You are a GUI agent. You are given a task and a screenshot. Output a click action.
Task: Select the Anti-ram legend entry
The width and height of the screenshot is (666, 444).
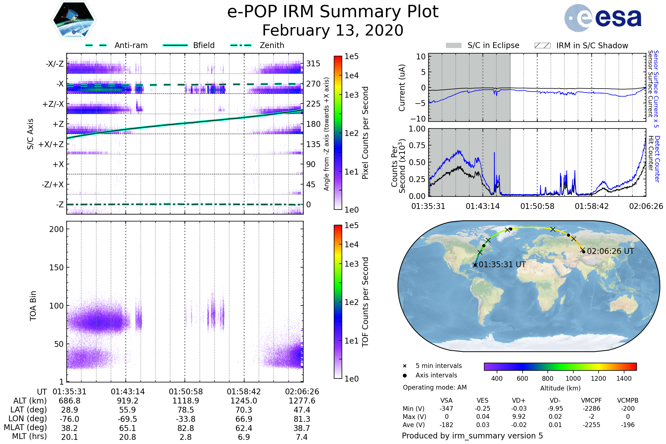[x=117, y=45]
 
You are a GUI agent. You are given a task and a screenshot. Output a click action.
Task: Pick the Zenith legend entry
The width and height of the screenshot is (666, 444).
[x=257, y=45]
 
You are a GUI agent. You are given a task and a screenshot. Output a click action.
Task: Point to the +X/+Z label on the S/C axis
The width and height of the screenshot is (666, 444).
[x=51, y=144]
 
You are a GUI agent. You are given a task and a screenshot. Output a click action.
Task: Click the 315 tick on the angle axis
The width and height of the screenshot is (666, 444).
[x=313, y=64]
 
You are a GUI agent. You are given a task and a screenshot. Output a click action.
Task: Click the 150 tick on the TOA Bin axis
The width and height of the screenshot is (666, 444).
[x=56, y=267]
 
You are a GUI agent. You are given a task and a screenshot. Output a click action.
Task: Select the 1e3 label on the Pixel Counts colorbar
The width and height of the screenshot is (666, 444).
[x=351, y=95]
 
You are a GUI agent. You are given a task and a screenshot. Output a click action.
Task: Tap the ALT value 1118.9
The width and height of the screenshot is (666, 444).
[x=186, y=401]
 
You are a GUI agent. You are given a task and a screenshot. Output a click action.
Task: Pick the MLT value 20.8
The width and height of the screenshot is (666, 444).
[x=127, y=437]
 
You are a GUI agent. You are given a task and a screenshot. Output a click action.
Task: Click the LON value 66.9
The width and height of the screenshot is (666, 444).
[x=244, y=419]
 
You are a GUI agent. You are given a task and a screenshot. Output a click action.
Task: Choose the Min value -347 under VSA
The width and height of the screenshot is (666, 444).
[x=446, y=408]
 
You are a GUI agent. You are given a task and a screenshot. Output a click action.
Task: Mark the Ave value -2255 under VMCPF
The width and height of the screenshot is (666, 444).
[x=591, y=425]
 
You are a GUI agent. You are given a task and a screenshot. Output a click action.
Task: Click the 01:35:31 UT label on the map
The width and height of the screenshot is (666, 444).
[x=502, y=264]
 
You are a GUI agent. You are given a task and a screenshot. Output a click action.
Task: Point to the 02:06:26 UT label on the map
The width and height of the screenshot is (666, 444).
[x=610, y=251]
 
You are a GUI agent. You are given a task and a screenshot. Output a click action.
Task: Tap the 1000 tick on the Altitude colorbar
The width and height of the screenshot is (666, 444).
[x=573, y=378]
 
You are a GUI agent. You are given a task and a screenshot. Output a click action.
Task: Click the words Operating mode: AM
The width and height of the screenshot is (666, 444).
[x=435, y=387]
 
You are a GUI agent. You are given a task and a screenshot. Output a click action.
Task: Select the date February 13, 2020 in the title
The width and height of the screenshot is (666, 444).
[x=333, y=30]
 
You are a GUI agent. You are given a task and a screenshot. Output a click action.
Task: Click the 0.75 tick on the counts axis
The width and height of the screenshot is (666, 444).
[x=417, y=145]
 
